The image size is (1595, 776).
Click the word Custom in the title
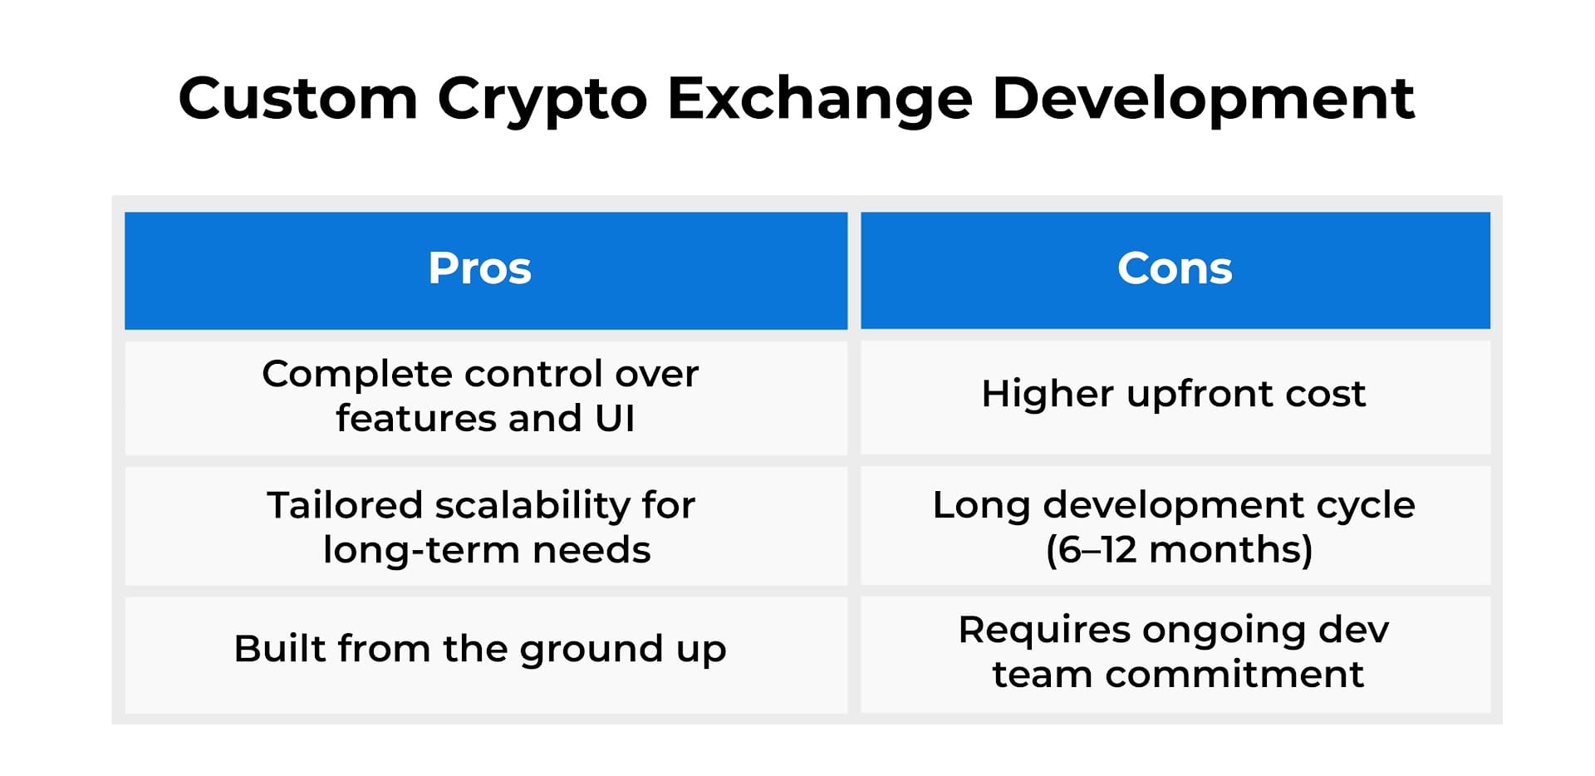click(x=297, y=98)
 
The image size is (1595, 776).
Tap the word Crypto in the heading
click(x=542, y=100)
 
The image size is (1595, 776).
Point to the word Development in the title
click(x=1202, y=98)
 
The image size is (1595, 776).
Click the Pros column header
click(x=480, y=269)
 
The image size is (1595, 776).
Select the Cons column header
click(x=1175, y=269)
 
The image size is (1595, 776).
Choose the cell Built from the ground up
click(x=480, y=649)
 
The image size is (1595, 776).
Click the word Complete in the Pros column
click(x=356, y=375)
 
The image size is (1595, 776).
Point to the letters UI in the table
click(x=615, y=418)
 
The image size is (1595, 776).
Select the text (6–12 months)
click(x=1179, y=550)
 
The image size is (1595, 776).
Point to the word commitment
click(x=1234, y=674)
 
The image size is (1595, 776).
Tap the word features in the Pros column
click(x=416, y=418)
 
